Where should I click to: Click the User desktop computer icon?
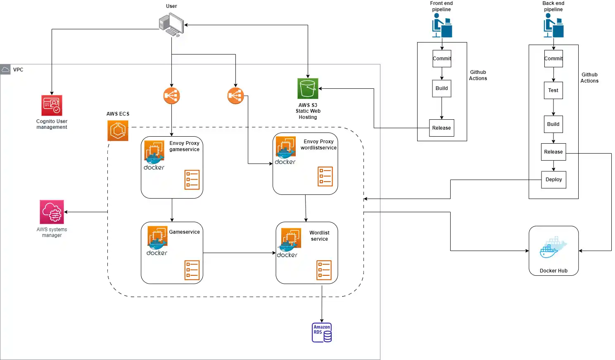171,25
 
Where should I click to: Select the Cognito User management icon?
52,106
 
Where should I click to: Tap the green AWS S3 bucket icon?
308,88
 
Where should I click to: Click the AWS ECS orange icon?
118,130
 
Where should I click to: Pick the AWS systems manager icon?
52,212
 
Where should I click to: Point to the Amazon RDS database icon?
322,332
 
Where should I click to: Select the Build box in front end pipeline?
442,88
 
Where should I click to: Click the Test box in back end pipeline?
553,90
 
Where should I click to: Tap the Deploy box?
553,180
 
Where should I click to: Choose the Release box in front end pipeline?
442,128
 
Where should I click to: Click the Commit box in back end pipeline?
553,59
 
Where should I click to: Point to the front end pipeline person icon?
442,26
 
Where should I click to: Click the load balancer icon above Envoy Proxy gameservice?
171,96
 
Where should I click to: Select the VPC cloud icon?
5,69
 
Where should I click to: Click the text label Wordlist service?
319,236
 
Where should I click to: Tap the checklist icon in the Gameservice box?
192,270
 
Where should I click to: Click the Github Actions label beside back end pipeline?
589,78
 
